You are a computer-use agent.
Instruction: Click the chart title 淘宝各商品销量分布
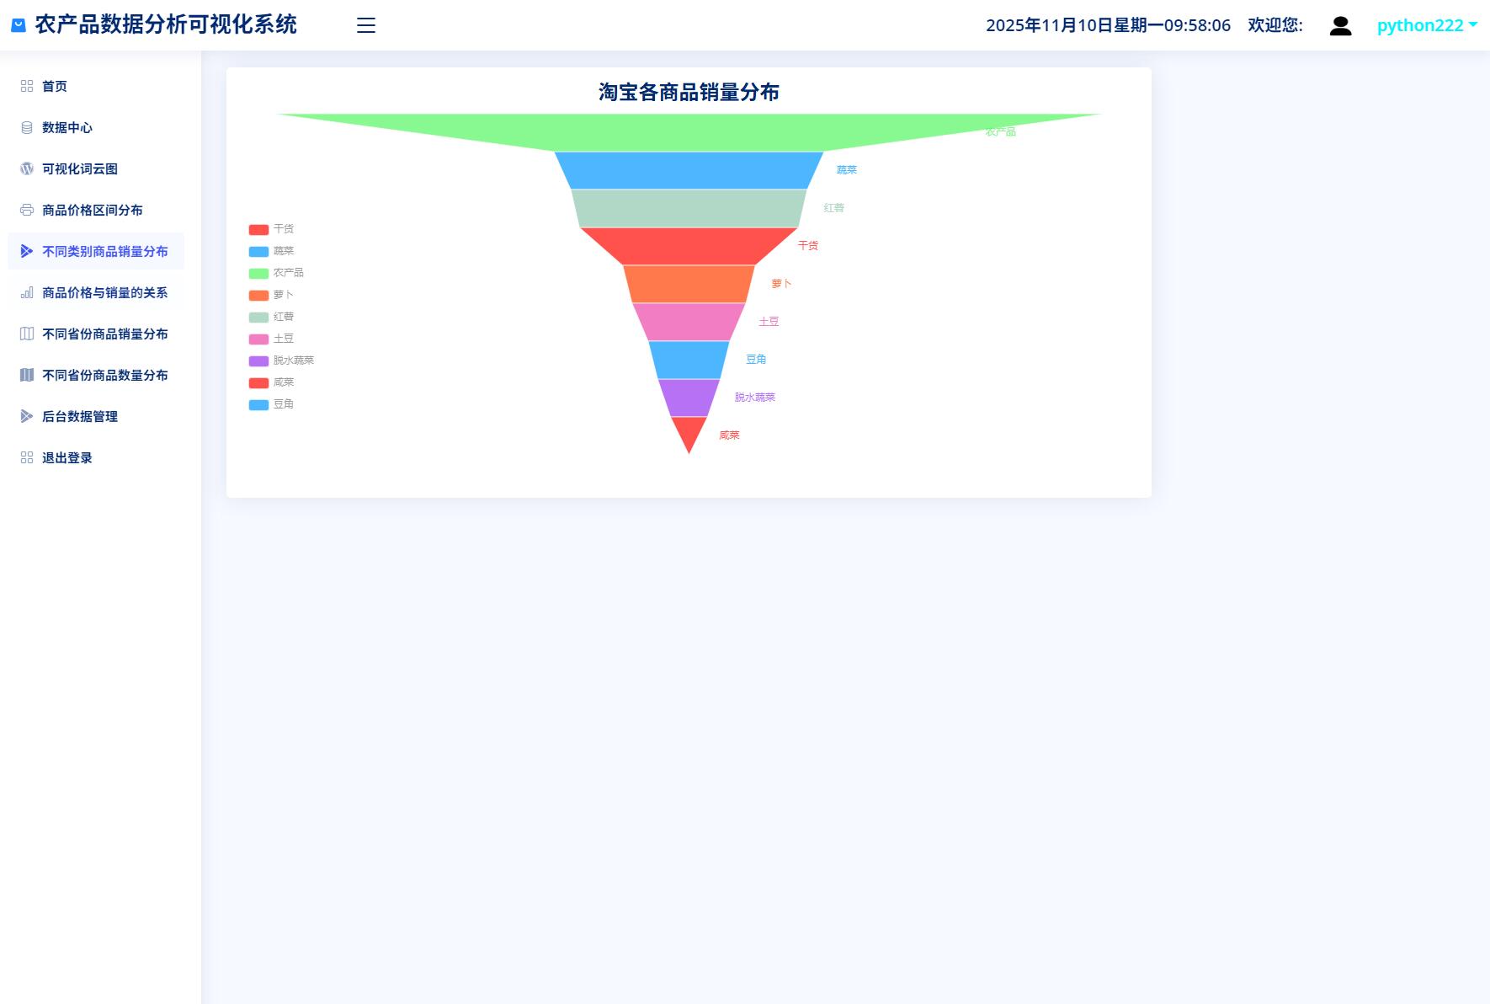tap(689, 92)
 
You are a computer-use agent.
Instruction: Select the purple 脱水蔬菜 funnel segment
tap(689, 398)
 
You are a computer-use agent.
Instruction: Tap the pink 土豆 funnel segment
tap(689, 322)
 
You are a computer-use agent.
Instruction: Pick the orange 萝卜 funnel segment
tap(689, 284)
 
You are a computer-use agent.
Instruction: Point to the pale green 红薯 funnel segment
tap(689, 208)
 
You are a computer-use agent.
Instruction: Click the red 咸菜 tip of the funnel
tap(689, 431)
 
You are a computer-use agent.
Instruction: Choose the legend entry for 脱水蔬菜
tap(281, 360)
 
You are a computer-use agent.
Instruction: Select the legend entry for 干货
tap(271, 229)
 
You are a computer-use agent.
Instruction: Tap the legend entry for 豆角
tap(271, 404)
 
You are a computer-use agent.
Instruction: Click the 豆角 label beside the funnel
tap(756, 360)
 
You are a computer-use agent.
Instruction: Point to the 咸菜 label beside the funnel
tap(729, 435)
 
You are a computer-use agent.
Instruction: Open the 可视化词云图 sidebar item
tap(80, 168)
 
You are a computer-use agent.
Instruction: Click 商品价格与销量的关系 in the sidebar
tap(104, 292)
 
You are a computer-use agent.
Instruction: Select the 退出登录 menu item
tap(67, 457)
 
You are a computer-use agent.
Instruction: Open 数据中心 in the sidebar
tap(67, 127)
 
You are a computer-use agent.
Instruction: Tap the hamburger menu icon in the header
tap(366, 25)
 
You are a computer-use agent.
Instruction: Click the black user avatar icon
tap(1340, 26)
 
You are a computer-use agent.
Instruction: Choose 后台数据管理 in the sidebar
tap(80, 416)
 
